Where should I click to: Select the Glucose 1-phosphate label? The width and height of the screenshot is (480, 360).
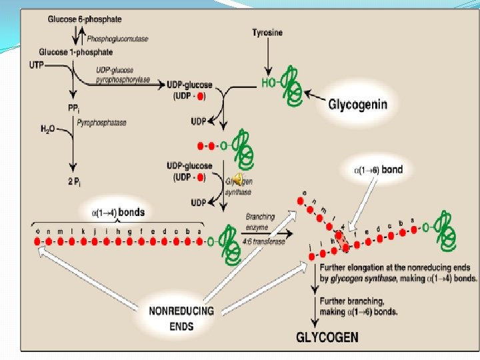click(75, 52)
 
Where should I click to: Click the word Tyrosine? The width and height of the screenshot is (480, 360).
click(268, 33)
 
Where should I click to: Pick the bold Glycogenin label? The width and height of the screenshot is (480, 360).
click(357, 105)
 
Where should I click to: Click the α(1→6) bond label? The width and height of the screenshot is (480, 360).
click(377, 170)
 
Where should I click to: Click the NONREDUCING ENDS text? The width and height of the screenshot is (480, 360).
click(181, 319)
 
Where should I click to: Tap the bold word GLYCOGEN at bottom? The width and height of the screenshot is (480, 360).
click(328, 337)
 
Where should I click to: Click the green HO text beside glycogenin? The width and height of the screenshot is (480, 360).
click(267, 83)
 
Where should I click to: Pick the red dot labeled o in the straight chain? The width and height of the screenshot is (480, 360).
click(38, 241)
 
